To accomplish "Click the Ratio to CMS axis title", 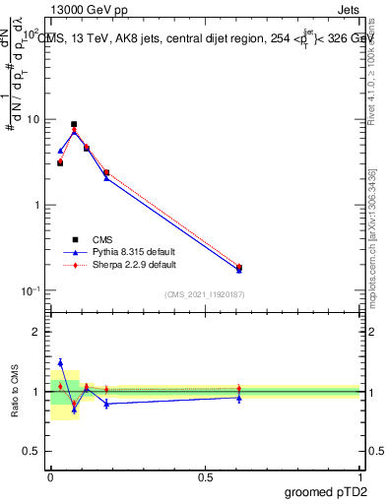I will point(14,392).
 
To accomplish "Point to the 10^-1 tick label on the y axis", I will point(32,290).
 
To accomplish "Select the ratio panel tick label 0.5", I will point(32,452).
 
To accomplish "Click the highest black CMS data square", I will point(74,125).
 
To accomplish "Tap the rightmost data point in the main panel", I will point(239,268).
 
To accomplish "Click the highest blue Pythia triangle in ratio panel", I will point(60,363).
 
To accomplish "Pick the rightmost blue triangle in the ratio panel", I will point(239,398).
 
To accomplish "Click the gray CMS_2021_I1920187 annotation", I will point(206,294).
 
